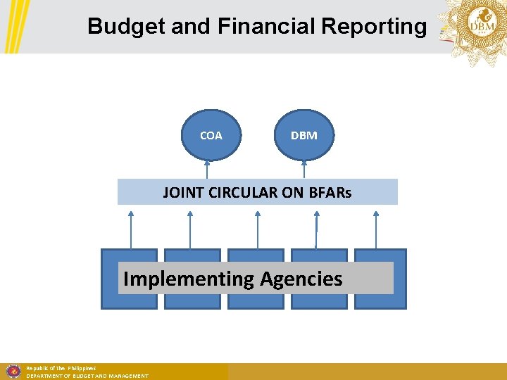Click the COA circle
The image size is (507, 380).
tap(211, 135)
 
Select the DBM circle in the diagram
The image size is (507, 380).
tap(303, 135)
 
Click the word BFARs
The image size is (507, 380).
tap(330, 192)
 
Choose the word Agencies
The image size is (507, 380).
tap(301, 279)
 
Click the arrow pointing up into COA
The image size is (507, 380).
tap(207, 169)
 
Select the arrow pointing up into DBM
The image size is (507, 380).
tap(303, 169)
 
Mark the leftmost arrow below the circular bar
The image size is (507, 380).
tap(130, 229)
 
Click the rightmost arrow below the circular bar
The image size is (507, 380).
tap(376, 229)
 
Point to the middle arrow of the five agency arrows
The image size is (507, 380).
tap(257, 229)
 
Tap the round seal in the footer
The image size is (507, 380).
tap(12, 371)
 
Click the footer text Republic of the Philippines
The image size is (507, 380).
tap(61, 368)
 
